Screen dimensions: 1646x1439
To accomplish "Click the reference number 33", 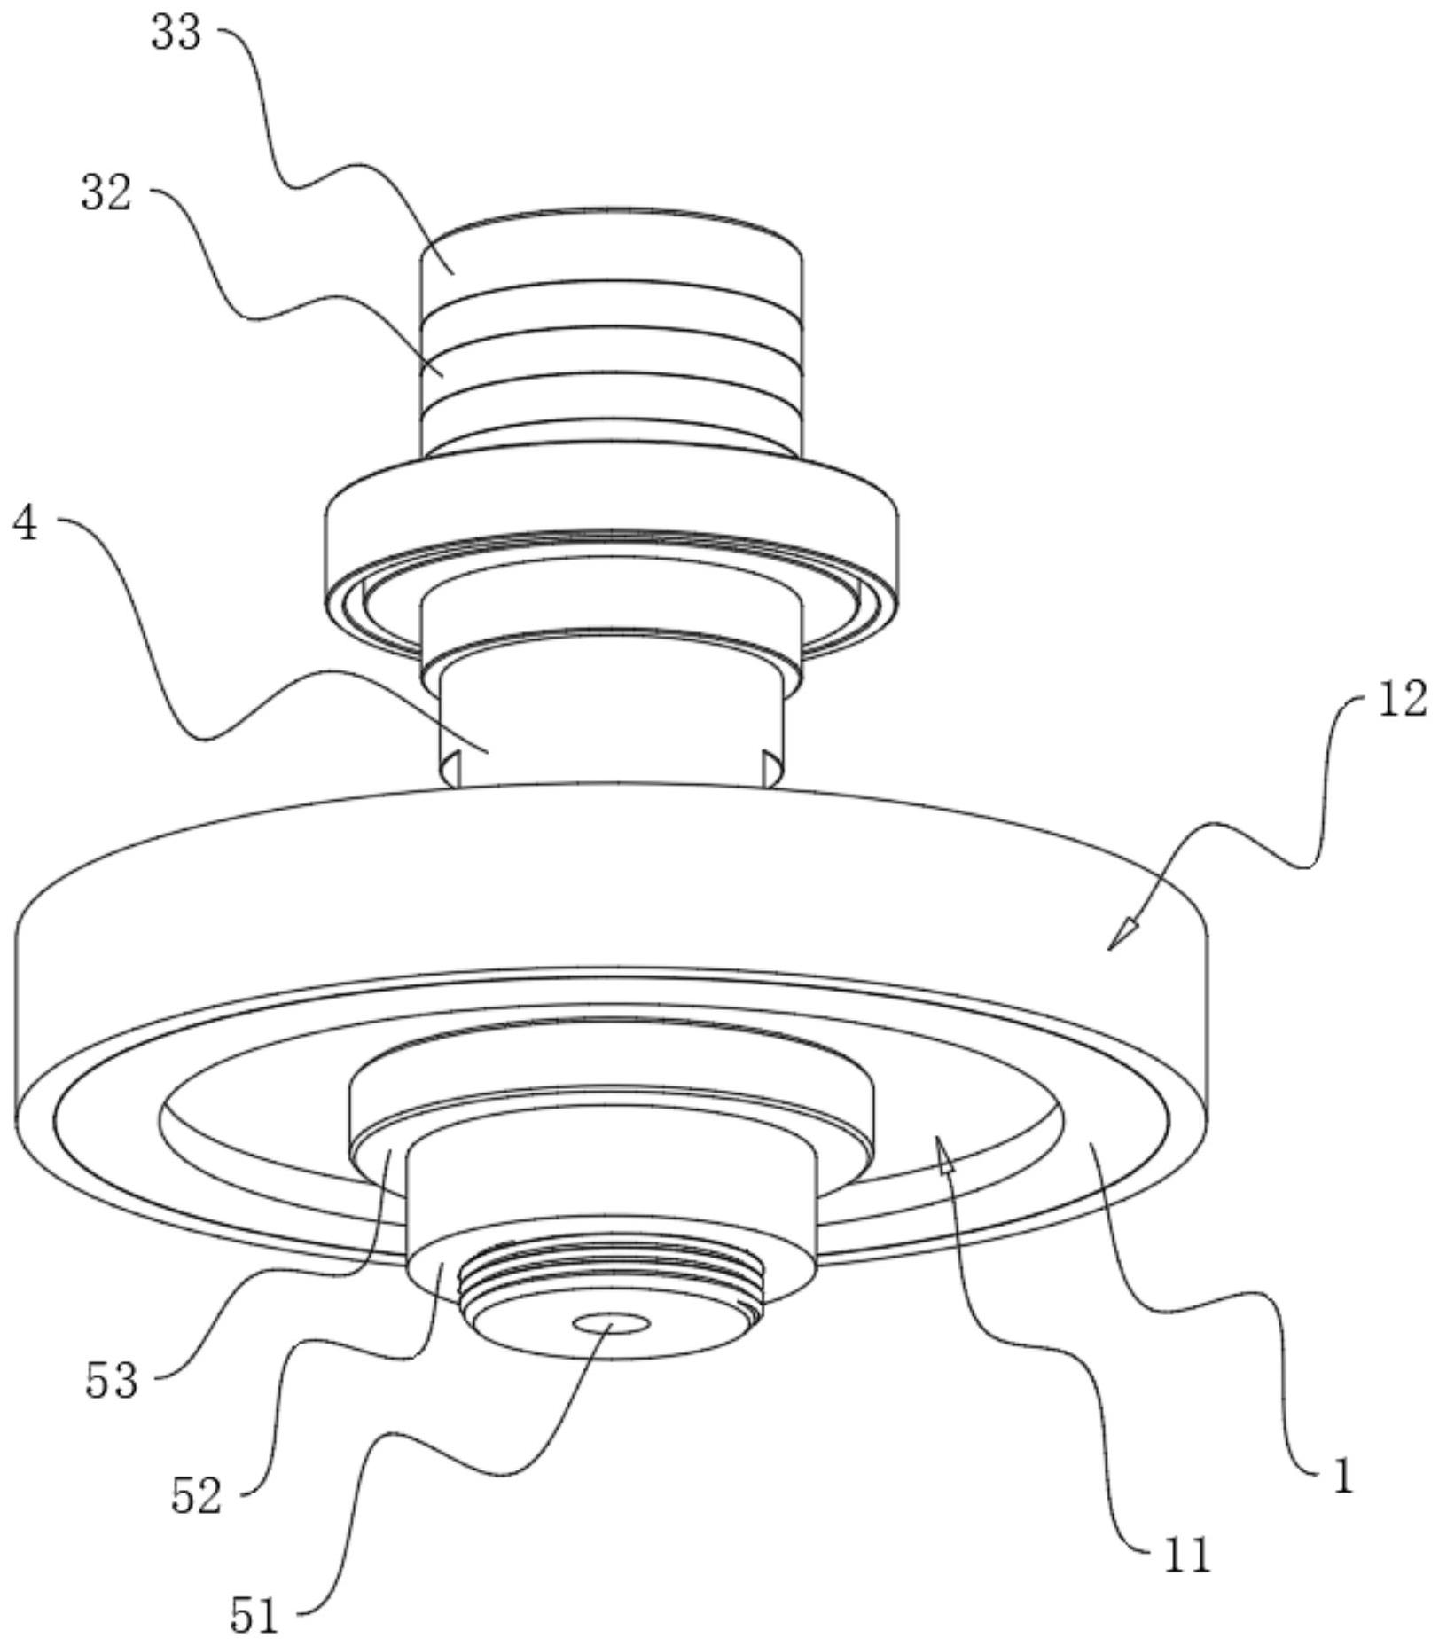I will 176,35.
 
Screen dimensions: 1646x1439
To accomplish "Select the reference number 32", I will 106,192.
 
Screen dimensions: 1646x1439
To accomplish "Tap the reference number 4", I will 26,524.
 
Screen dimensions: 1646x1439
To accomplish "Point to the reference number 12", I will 1402,700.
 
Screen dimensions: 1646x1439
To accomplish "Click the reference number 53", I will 112,1381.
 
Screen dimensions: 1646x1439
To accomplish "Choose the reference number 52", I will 195,1497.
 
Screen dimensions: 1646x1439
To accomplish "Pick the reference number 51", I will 254,1615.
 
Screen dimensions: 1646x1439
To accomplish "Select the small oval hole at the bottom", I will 611,1324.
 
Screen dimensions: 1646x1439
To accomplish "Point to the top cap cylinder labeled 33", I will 612,253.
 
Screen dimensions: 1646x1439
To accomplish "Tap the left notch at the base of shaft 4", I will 451,768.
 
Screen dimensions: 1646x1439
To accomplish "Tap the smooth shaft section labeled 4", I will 612,718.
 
